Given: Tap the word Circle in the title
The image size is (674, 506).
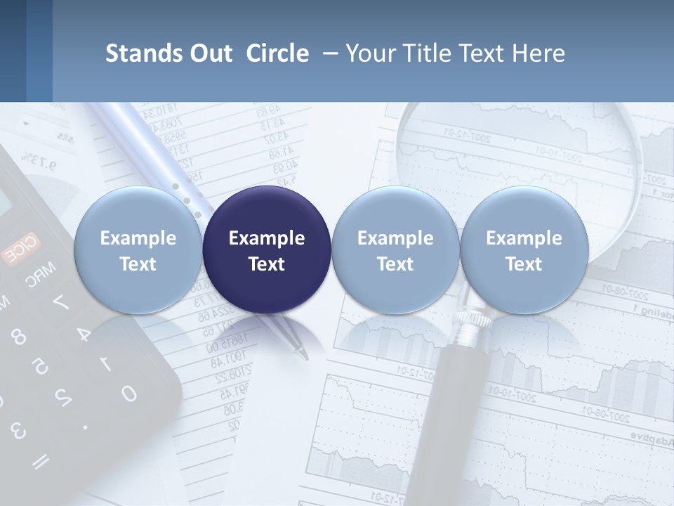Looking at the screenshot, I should point(277,53).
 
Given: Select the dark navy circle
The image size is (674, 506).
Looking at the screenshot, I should point(267,249).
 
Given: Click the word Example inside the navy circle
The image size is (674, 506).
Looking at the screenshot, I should point(267,238).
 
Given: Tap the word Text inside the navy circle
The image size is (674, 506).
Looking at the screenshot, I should point(267,264).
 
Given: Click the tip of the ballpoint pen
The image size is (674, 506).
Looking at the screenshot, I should point(304,356).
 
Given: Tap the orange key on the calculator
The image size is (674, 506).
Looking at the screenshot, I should point(21,250).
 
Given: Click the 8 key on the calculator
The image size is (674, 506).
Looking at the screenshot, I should point(19,337).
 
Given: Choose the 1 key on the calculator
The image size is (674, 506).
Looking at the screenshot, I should point(105,363).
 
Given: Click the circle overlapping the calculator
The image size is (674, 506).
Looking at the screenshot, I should point(138,249).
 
